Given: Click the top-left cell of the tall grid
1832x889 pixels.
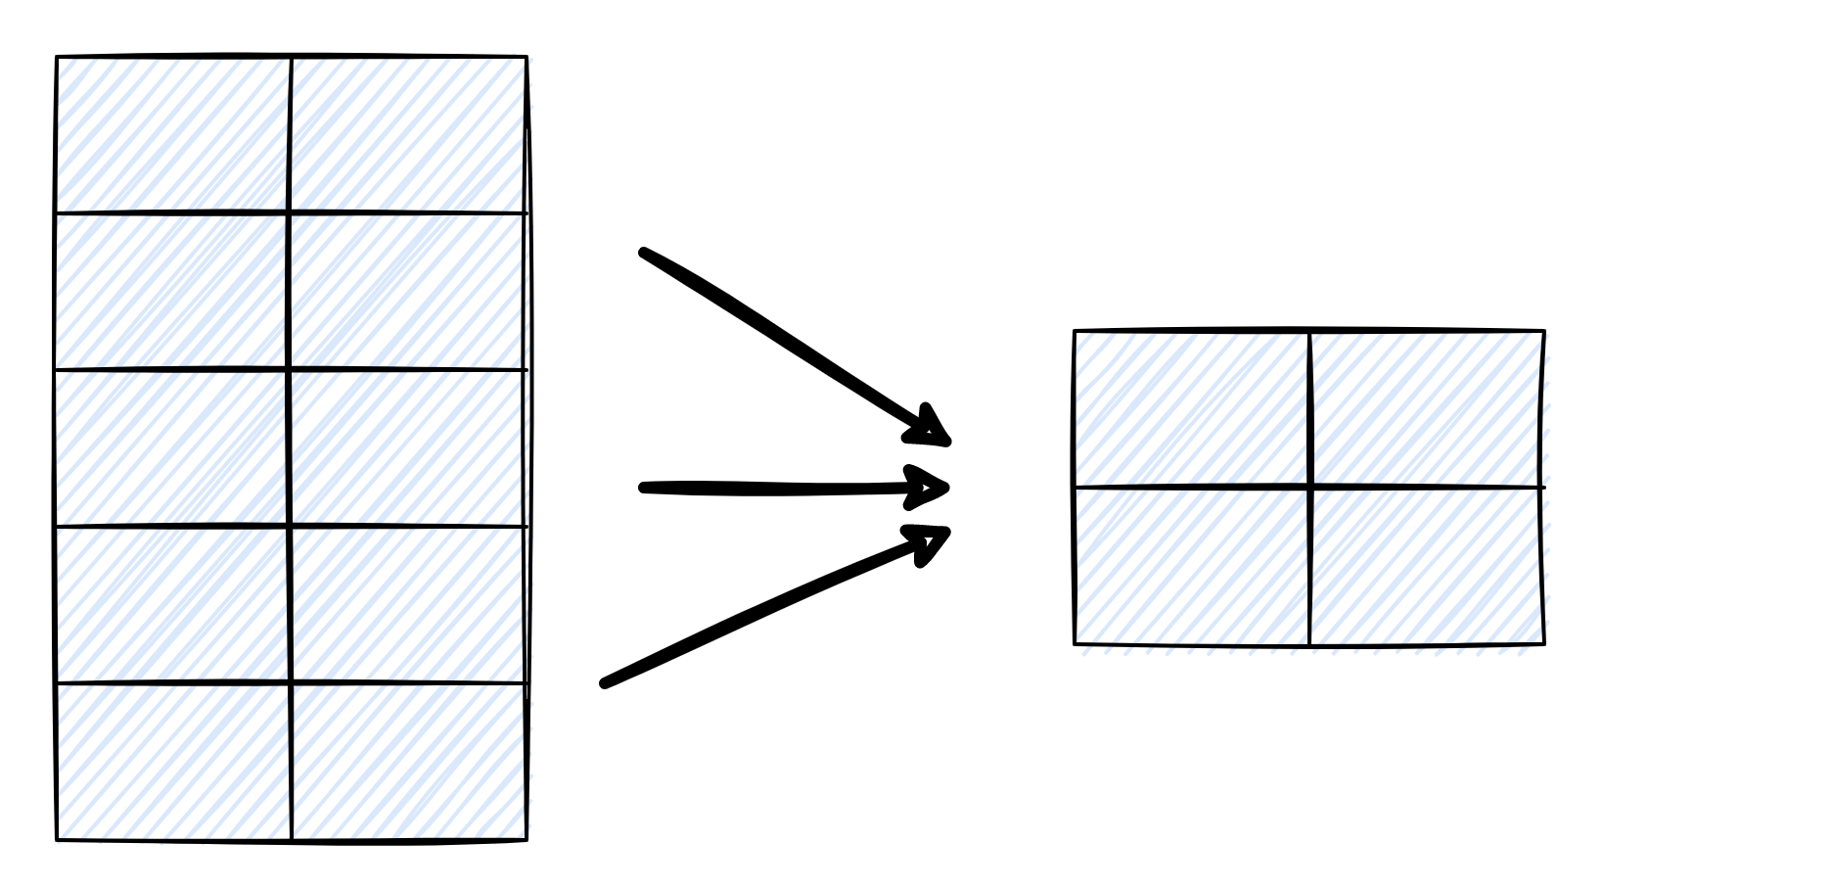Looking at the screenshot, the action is coord(173,134).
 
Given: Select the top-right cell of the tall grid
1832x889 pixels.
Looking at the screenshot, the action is coord(408,134).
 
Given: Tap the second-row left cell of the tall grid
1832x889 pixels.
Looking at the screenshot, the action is coord(173,291).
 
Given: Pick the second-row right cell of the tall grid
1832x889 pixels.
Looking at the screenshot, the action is coord(408,291).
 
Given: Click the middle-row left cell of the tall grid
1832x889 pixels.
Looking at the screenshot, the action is coord(173,447).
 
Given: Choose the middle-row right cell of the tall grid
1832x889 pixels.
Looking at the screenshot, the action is coord(408,447).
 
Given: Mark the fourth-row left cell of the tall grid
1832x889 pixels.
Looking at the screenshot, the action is coord(173,604).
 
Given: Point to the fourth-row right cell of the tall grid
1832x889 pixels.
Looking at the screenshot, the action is coord(408,604).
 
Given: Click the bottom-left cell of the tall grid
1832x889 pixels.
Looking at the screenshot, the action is coord(173,761).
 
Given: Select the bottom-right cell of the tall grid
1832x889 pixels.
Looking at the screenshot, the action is coord(408,761).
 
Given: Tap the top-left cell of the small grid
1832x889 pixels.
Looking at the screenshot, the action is coord(1192,408).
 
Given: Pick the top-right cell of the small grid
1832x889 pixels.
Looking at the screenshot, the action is coord(1427,408).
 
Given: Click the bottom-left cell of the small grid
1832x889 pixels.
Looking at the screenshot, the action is coord(1192,565).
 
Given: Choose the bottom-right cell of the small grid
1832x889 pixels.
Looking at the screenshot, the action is coord(1427,565).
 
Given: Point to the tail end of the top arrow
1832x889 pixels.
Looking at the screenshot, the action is coord(644,253).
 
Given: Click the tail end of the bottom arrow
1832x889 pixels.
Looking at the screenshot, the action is coord(605,683).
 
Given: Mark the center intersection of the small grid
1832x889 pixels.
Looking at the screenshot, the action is coord(1309,487).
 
